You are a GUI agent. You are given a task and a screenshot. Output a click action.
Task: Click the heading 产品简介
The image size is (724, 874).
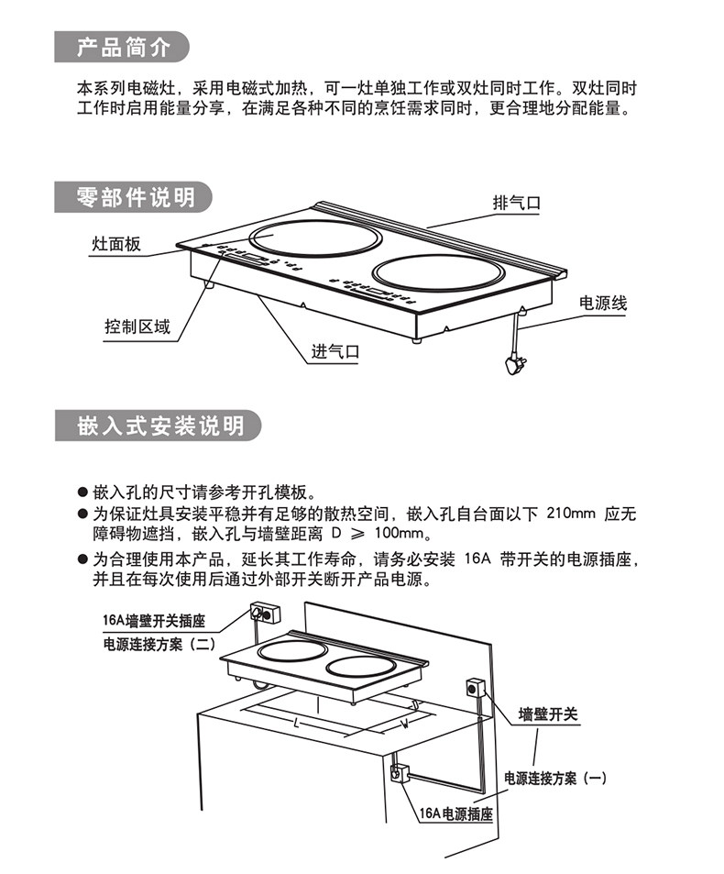click(123, 47)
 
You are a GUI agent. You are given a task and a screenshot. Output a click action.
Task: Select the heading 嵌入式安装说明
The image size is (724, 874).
click(160, 426)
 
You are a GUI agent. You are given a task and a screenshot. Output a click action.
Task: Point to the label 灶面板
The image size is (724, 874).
click(116, 244)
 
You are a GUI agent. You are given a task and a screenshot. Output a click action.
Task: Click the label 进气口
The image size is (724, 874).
click(335, 350)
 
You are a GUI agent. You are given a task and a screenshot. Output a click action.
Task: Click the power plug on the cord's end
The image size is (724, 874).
click(512, 365)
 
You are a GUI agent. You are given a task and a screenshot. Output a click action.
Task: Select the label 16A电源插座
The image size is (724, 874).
click(455, 813)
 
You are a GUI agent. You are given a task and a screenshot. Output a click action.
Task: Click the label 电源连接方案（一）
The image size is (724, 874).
click(556, 778)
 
